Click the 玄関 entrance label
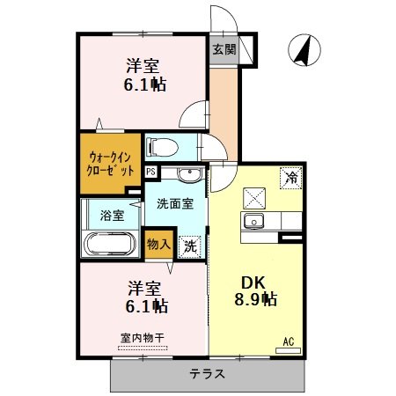[224, 50]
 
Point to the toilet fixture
[164, 145]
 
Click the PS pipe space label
[150, 172]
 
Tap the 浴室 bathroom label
[111, 215]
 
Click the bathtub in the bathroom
[109, 244]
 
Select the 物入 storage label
[158, 243]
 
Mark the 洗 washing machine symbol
[189, 247]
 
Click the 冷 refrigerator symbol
[290, 178]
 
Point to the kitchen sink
[254, 221]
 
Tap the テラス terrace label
[207, 374]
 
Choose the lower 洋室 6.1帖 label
[145, 297]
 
